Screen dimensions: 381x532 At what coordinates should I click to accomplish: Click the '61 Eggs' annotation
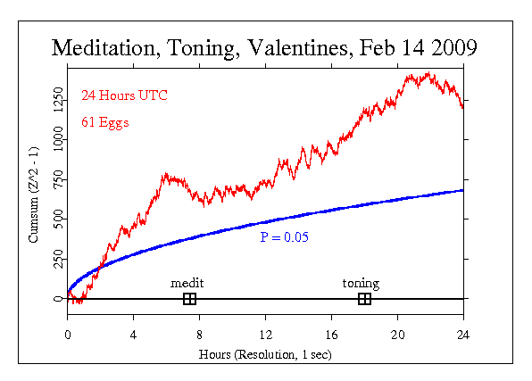[x=104, y=122]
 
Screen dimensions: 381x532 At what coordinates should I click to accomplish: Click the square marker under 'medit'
[x=189, y=299]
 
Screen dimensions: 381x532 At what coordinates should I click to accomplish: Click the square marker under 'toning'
[x=364, y=299]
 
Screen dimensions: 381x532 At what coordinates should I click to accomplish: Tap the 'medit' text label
[x=187, y=284]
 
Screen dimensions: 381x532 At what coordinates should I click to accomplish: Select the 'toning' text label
[x=362, y=284]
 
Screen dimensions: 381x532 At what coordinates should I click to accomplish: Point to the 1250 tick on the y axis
[x=57, y=100]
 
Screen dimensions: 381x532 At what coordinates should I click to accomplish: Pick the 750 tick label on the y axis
[x=57, y=179]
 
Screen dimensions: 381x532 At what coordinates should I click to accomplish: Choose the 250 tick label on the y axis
[x=57, y=259]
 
